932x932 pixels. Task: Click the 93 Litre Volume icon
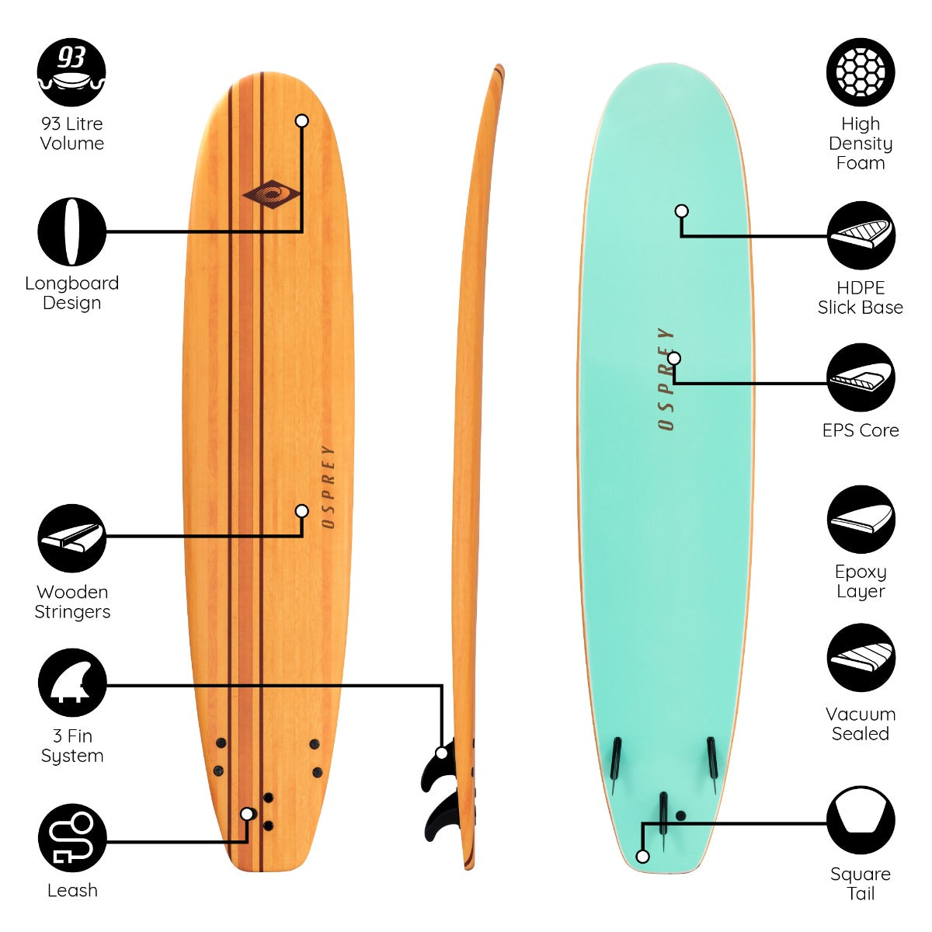(71, 72)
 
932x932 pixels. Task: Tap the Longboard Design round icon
(71, 231)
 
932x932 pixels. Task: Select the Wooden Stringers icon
(71, 538)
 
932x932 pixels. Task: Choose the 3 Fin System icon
(72, 683)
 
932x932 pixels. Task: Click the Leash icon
(72, 838)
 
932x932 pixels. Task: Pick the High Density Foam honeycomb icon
(861, 72)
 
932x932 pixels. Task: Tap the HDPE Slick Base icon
(861, 235)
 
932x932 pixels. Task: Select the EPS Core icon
(861, 377)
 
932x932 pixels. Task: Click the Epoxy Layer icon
(861, 520)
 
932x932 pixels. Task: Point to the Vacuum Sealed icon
(861, 658)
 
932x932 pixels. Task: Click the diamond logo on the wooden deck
(271, 194)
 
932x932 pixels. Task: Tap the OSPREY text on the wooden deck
(328, 486)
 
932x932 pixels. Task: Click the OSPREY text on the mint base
(666, 379)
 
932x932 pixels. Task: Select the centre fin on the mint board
(663, 822)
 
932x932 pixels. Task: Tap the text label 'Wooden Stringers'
(72, 602)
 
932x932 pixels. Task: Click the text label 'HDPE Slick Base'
(861, 297)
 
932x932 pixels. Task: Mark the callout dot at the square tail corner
(642, 857)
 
